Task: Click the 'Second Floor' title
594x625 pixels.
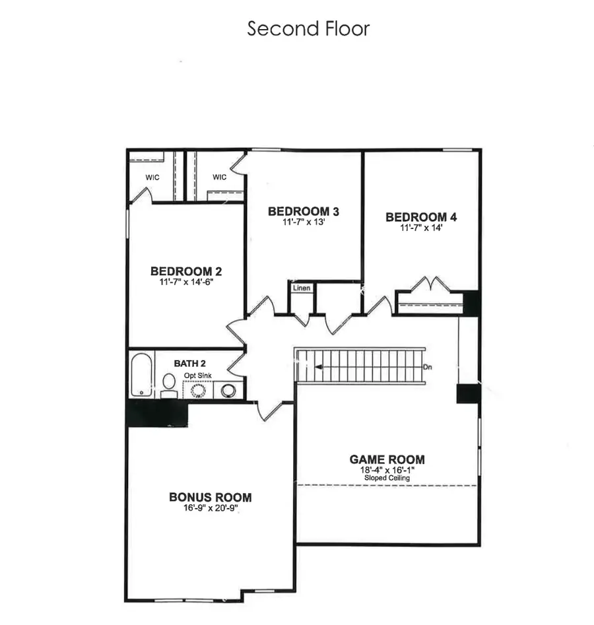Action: (x=308, y=29)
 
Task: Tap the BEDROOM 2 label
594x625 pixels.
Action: (x=186, y=271)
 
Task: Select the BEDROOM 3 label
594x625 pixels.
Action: (x=304, y=211)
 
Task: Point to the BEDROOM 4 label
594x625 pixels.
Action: (x=421, y=216)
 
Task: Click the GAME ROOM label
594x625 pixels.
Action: (x=387, y=459)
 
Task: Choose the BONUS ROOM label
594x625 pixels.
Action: (x=210, y=497)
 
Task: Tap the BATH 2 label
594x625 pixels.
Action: (x=191, y=363)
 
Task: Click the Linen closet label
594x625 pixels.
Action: (x=302, y=288)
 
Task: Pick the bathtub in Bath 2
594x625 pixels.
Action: (x=141, y=375)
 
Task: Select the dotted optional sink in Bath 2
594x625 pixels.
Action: (x=198, y=390)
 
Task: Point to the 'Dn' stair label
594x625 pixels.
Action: (x=428, y=367)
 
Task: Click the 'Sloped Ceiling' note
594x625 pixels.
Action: (x=387, y=478)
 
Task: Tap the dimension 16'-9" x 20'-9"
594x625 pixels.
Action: (x=210, y=509)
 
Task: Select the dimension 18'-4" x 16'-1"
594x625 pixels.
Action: (x=387, y=469)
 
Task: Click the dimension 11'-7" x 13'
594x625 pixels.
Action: (x=304, y=222)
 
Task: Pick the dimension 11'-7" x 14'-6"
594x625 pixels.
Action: (x=186, y=281)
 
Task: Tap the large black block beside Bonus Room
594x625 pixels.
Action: (x=157, y=414)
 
